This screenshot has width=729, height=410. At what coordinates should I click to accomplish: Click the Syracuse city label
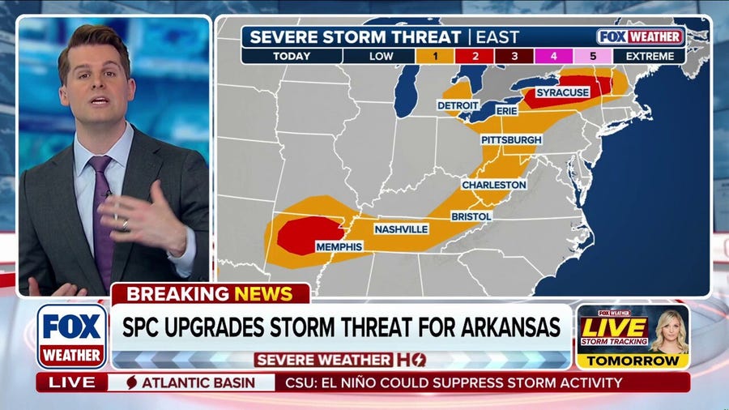[563, 92]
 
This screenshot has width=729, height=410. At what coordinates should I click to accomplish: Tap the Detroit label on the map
[458, 105]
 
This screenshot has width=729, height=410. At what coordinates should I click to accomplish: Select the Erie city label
[506, 109]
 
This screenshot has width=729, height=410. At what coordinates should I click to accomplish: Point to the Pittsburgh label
[511, 139]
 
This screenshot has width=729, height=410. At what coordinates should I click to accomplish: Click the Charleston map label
[494, 185]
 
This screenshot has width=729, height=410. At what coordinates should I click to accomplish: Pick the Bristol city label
[471, 216]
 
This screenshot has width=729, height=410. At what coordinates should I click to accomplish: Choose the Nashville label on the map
[401, 229]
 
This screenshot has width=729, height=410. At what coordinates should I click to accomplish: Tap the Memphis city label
[340, 246]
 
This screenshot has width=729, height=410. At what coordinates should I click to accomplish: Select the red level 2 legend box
[477, 57]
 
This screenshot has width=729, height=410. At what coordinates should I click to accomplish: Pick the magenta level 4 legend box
[555, 57]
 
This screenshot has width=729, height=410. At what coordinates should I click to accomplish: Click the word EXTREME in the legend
[649, 57]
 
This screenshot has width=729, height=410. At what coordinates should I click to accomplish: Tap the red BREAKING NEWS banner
[211, 293]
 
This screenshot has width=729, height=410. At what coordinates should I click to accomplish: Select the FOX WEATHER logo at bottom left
[71, 335]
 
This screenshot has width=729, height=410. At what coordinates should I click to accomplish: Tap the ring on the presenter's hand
[124, 224]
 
